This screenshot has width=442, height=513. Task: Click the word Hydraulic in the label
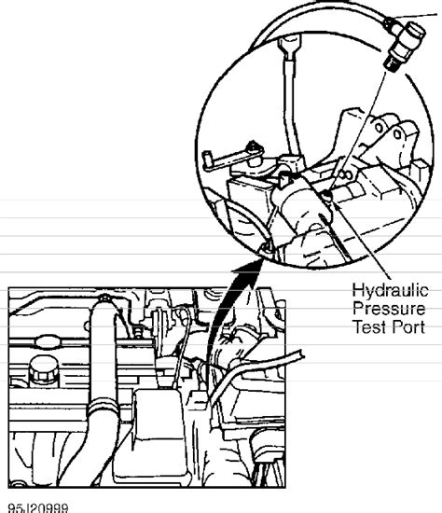pos(390,290)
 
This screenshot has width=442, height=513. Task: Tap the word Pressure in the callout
pos(389,309)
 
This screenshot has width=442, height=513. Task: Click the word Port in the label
pos(407,326)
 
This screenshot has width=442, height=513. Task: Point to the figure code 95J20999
pos(38,508)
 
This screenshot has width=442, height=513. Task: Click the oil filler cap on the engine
pos(44,369)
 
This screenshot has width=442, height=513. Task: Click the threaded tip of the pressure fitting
pos(391,63)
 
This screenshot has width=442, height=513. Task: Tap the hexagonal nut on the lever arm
pos(253,146)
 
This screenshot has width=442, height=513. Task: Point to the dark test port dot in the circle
pos(327,195)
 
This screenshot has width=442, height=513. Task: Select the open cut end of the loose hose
pos(301,355)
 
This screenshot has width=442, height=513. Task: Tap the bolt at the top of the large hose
pos(104,298)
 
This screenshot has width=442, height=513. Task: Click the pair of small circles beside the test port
pos(345,174)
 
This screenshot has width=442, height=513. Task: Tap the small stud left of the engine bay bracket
pos(139,332)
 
